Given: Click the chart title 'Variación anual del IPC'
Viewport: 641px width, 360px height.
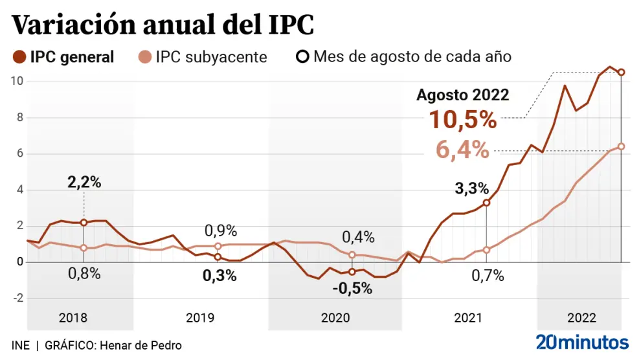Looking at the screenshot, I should point(163,25).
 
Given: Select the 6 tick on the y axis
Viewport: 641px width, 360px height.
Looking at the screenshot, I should point(19,154).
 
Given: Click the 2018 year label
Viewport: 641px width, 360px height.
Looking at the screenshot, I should point(73,318).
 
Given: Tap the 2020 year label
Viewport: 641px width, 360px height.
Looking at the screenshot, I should point(335,318).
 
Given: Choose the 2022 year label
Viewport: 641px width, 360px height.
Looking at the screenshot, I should point(581,318).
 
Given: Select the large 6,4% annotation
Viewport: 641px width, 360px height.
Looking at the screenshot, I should point(462,150).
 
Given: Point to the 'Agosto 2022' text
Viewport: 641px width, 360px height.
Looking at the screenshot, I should point(462,95).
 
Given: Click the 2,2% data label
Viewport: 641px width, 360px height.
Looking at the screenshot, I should point(84,183).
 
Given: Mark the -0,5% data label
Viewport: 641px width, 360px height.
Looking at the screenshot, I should point(352,289).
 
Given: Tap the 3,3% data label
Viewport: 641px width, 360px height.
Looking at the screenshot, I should point(471,189).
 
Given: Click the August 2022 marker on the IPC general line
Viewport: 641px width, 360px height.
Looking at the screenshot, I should point(621,73).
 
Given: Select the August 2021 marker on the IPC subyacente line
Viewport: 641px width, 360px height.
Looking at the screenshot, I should point(486,250).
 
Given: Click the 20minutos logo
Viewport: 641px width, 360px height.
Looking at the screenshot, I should point(582,342).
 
